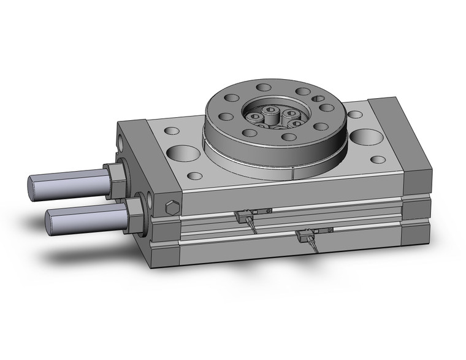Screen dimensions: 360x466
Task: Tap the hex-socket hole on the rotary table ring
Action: (x=318, y=98)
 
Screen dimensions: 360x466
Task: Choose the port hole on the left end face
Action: (x=124, y=142)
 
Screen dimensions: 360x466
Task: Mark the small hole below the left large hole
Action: (x=194, y=176)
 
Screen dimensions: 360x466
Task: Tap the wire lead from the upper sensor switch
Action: (x=252, y=226)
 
